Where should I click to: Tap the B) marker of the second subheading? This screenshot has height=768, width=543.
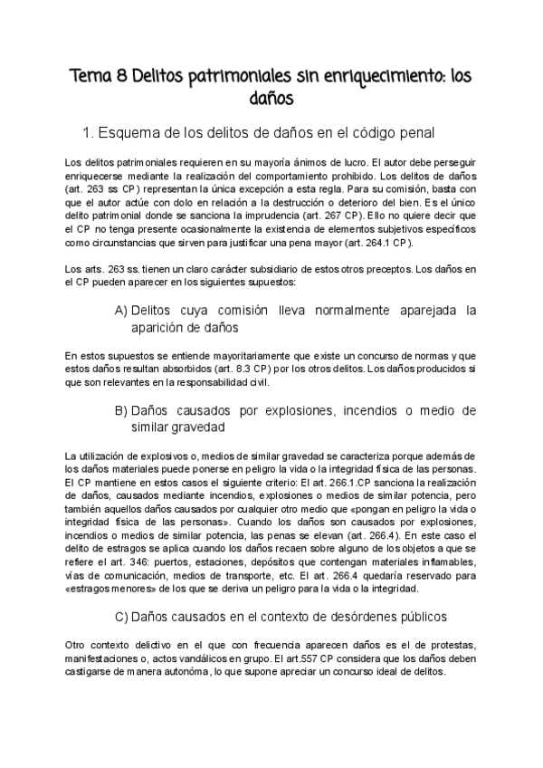click(120, 410)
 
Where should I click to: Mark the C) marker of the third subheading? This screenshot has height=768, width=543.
click(125, 618)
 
